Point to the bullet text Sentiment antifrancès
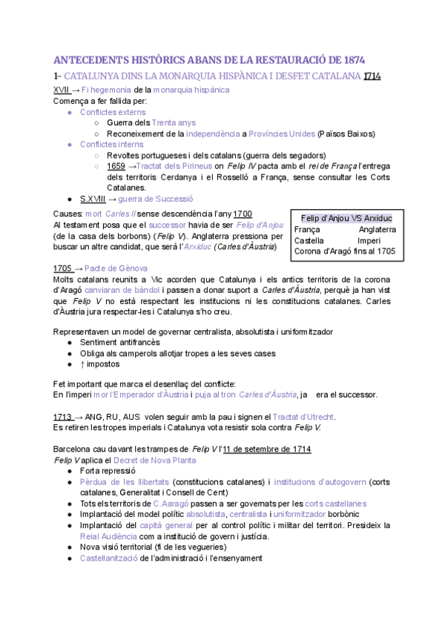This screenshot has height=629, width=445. tap(119, 343)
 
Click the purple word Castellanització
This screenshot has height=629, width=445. tap(108, 558)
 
